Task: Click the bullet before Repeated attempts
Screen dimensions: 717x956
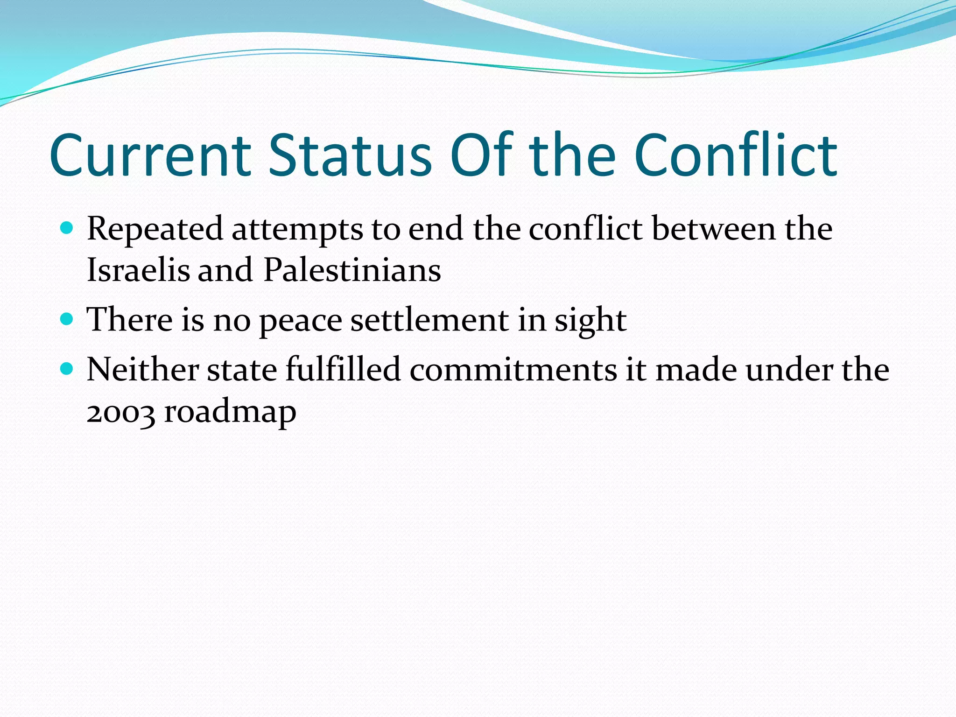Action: [67, 228]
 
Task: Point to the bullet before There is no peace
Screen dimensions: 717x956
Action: [67, 319]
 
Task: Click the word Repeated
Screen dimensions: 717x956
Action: [155, 230]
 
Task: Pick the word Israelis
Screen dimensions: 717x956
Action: [138, 270]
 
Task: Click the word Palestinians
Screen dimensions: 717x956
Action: [352, 270]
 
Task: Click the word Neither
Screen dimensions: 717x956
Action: [143, 370]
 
